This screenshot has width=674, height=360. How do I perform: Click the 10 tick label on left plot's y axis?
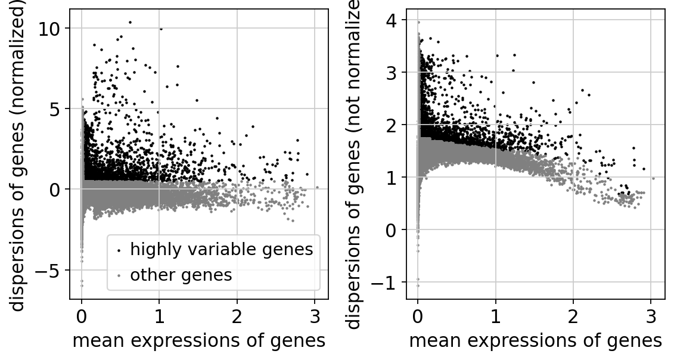click(52, 29)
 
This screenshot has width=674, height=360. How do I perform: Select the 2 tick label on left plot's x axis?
click(237, 315)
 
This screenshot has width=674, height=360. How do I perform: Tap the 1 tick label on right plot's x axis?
click(495, 315)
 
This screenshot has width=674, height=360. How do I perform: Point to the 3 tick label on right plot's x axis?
click(651, 315)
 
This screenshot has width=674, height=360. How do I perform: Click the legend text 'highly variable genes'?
click(222, 250)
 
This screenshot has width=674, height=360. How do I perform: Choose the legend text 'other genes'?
click(181, 275)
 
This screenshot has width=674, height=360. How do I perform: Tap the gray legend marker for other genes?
click(119, 276)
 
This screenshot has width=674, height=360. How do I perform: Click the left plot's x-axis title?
click(198, 340)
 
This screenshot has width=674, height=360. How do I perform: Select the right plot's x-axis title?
click(535, 340)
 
